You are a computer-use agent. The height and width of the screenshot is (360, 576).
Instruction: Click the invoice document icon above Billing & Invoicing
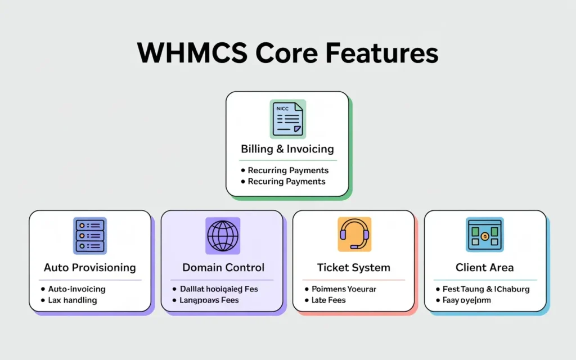(x=287, y=119)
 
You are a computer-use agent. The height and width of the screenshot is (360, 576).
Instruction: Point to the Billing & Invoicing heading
(x=287, y=149)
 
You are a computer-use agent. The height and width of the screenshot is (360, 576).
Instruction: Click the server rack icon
(x=90, y=236)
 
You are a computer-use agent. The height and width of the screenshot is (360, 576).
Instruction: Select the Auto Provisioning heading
(x=90, y=267)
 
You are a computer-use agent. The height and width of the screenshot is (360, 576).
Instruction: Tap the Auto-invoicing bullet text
(x=76, y=289)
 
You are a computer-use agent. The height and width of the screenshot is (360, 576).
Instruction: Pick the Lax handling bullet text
(x=73, y=300)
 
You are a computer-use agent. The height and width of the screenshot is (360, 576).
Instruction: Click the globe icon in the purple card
(x=223, y=236)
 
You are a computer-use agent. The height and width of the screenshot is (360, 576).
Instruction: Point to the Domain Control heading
(x=223, y=267)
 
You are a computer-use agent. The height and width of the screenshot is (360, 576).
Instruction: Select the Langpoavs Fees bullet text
(x=209, y=300)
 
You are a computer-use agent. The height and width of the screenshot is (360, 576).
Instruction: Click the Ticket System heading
(x=354, y=267)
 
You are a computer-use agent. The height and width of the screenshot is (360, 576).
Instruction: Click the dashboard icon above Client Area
(x=485, y=235)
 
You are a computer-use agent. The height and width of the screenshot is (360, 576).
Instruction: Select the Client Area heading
(x=485, y=267)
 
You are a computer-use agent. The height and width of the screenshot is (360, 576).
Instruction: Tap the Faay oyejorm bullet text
(x=467, y=300)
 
